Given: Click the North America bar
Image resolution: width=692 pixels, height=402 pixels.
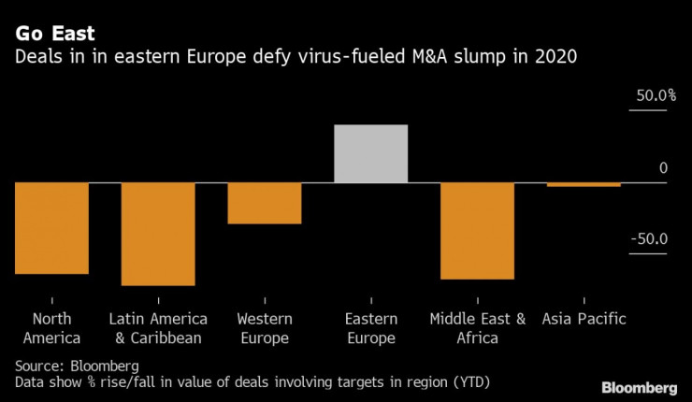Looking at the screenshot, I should click(51, 228).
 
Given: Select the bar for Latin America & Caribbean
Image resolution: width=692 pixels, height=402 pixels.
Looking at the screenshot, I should click(158, 234).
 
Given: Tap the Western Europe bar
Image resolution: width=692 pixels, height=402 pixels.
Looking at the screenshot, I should click(265, 203).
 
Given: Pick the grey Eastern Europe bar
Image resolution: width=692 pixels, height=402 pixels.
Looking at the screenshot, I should click(371, 153).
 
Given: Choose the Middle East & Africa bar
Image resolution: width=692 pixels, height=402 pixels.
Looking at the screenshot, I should click(478, 230).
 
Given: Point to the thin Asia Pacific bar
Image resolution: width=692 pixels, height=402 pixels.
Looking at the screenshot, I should click(584, 184).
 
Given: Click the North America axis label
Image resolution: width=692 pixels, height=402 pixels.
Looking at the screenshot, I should click(51, 328).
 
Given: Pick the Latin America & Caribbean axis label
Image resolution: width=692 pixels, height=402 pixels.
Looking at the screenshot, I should click(158, 328).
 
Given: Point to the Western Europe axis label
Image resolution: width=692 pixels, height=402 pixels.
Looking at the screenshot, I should click(265, 328).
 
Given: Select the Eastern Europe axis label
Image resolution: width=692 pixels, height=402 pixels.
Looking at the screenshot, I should click(371, 328).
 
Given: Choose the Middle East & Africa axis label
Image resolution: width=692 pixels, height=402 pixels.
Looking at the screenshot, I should click(478, 328).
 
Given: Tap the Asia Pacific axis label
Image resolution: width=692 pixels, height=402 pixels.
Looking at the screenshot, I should click(584, 319).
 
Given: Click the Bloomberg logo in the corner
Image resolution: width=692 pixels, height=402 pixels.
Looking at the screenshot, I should click(639, 387).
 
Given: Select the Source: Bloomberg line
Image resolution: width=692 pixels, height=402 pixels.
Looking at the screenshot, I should click(77, 365).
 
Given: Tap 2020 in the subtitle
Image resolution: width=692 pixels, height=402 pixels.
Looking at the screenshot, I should click(555, 59).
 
